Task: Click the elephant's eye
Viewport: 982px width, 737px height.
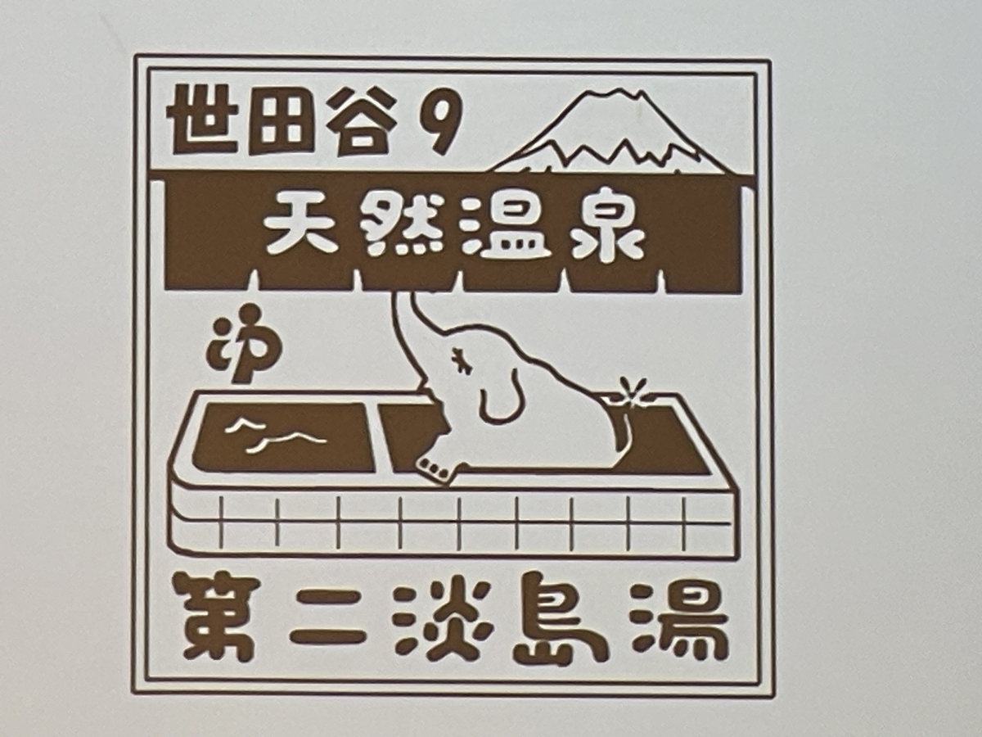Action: pos(460,359)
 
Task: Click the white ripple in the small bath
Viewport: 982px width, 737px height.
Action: pos(275,433)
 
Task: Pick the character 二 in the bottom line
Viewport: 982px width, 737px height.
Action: pos(325,620)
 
